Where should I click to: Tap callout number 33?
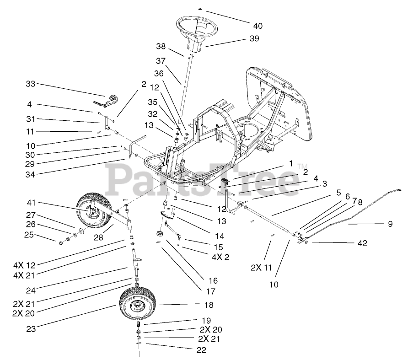click(x=30, y=84)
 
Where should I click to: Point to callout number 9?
click(x=390, y=224)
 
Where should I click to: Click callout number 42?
click(x=363, y=243)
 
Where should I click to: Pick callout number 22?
click(x=201, y=350)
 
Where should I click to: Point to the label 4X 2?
click(x=220, y=257)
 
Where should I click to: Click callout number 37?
click(x=160, y=61)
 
